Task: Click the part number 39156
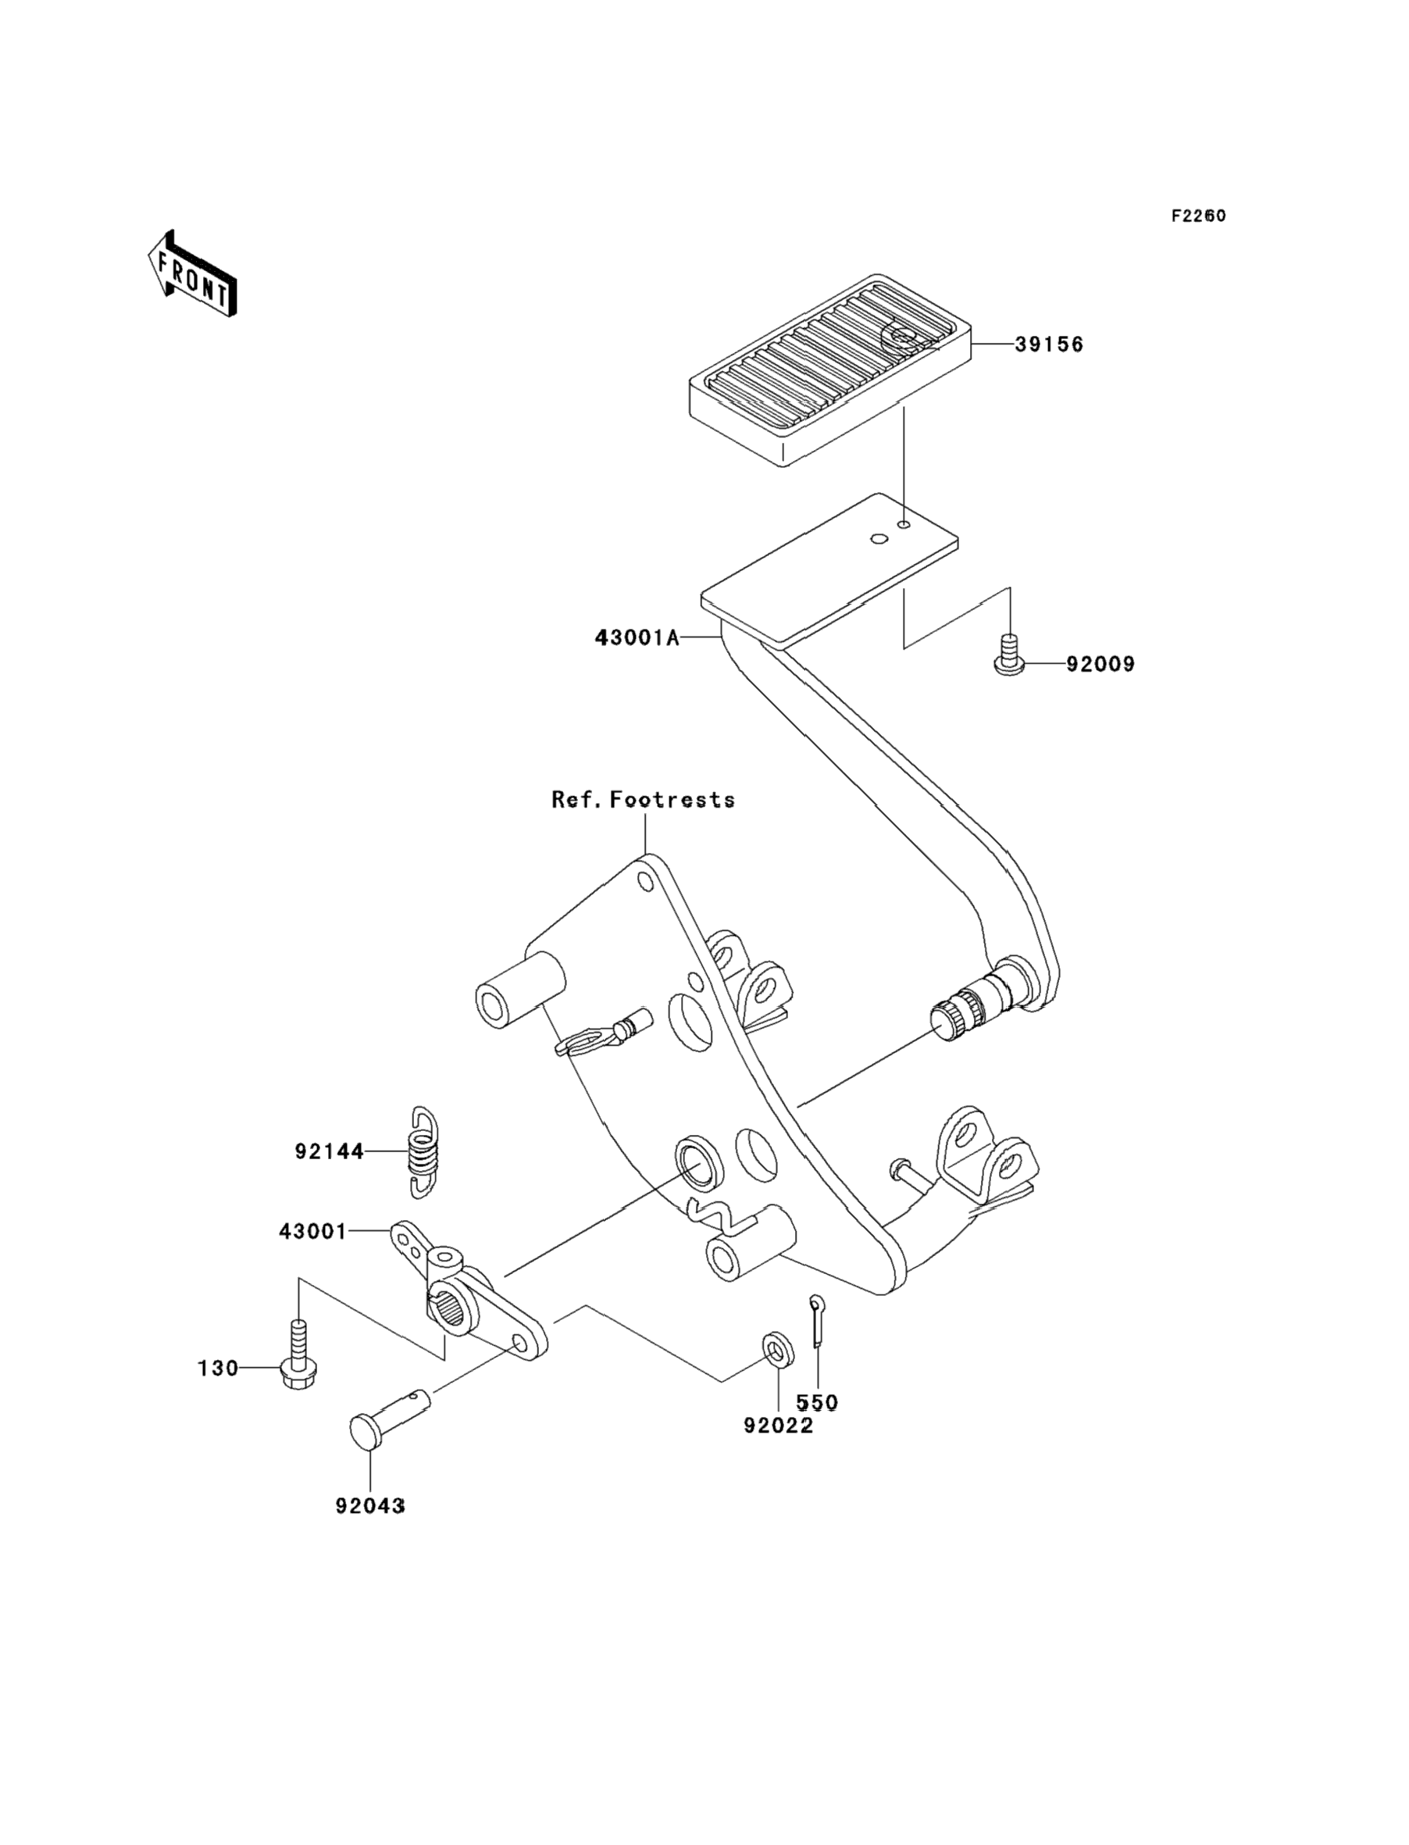click(1049, 344)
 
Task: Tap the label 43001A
click(637, 638)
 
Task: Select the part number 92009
click(1100, 664)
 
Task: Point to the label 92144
click(330, 1152)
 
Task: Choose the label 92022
click(778, 1426)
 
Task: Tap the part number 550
click(817, 1402)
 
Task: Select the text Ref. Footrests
click(644, 800)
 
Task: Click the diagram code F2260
click(1198, 216)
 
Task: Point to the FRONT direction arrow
click(192, 274)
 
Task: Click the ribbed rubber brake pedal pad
click(830, 369)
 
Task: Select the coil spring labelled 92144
click(425, 1152)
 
